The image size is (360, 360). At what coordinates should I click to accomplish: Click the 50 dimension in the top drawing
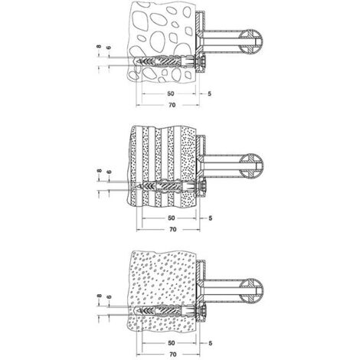click(x=171, y=93)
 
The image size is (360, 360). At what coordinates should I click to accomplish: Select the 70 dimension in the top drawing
click(x=172, y=105)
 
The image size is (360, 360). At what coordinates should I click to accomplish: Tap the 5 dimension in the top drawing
click(x=210, y=93)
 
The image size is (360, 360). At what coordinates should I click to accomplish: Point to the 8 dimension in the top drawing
click(x=99, y=47)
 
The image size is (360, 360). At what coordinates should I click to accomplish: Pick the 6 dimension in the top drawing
click(x=109, y=47)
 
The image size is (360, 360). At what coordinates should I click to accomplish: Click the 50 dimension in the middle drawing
click(x=172, y=218)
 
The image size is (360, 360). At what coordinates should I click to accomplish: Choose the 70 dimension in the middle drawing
click(x=173, y=229)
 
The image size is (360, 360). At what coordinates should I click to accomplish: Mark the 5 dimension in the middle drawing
click(x=211, y=218)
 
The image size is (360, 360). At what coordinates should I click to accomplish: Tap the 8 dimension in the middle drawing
click(x=100, y=171)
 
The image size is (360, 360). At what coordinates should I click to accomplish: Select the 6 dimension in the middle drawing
click(x=110, y=172)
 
